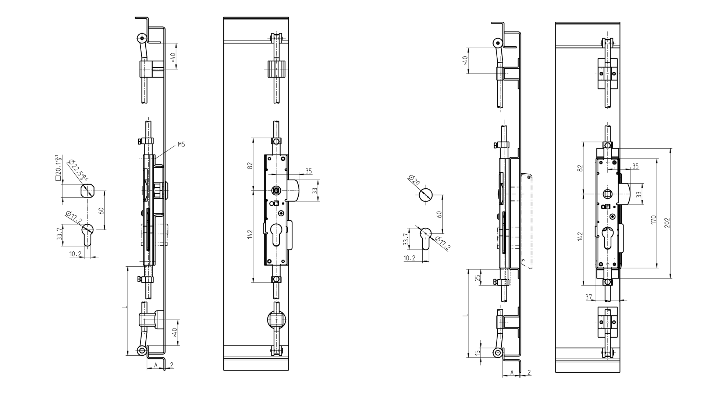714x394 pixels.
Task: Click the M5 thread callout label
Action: tap(181, 145)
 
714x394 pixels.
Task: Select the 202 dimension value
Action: tap(667, 223)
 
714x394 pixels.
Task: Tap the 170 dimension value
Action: tap(653, 220)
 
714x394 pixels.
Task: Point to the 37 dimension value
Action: tap(589, 297)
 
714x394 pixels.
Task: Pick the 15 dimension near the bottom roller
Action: tap(477, 352)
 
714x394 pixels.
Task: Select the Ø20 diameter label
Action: tap(414, 181)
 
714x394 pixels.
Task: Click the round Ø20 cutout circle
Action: tap(426, 195)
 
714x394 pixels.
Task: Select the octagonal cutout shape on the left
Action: tap(87, 191)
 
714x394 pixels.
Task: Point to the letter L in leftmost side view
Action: tap(124, 307)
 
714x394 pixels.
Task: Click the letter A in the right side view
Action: tap(512, 372)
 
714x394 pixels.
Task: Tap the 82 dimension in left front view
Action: tap(250, 166)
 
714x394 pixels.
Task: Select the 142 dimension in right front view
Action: tap(580, 236)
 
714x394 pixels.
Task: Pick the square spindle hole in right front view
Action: tap(608, 193)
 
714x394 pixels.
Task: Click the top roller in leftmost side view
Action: tap(141, 38)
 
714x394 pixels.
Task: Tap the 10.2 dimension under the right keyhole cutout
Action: tap(409, 258)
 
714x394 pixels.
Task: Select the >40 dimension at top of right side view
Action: tap(465, 60)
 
